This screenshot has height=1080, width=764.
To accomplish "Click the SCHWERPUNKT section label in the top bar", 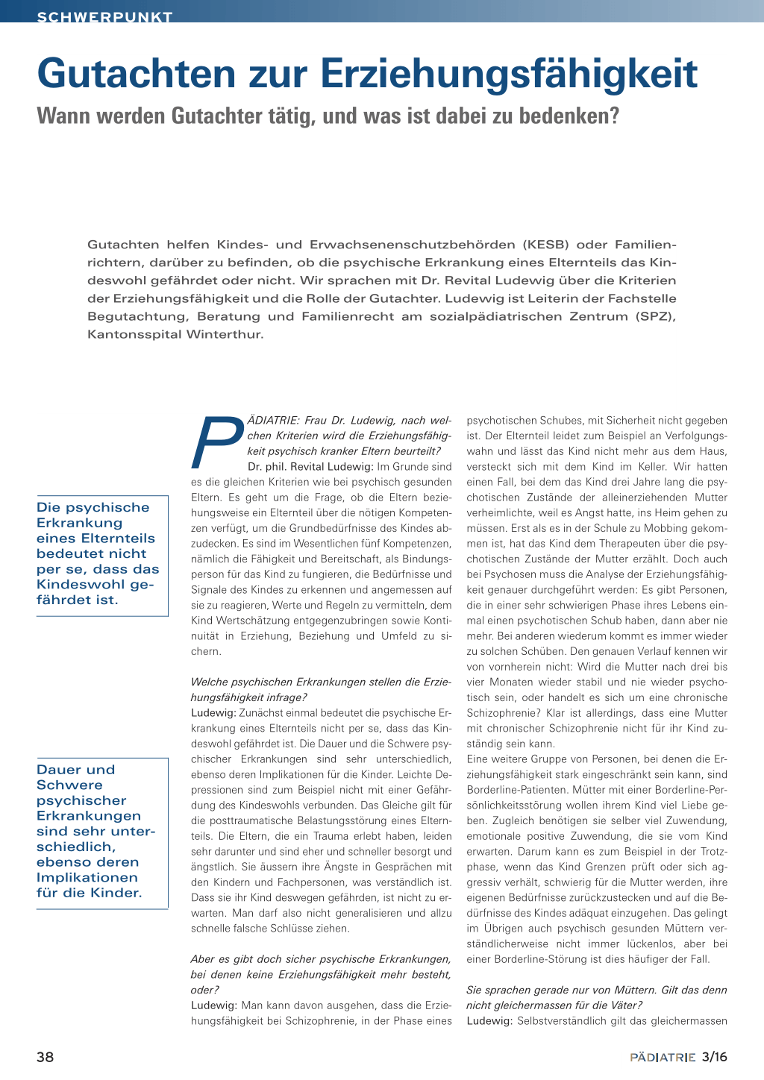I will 104,16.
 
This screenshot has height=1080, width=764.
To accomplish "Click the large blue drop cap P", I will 218,442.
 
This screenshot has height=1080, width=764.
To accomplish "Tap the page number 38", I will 46,1057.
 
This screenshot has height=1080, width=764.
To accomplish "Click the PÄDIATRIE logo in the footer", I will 663,1057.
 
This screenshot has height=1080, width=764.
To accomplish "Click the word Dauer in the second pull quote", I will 57,770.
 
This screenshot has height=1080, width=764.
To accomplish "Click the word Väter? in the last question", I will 622,1005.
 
